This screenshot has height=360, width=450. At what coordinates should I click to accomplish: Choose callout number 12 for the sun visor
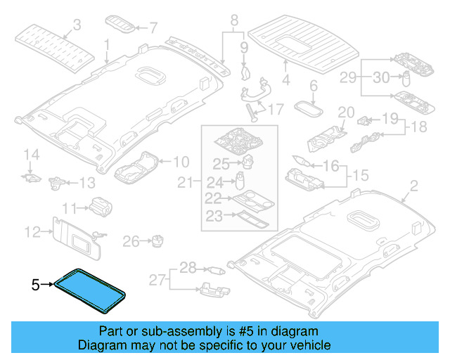point(33,231)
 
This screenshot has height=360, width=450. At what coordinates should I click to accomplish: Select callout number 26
point(131,242)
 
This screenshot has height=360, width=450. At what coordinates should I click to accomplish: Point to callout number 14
point(30,154)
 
